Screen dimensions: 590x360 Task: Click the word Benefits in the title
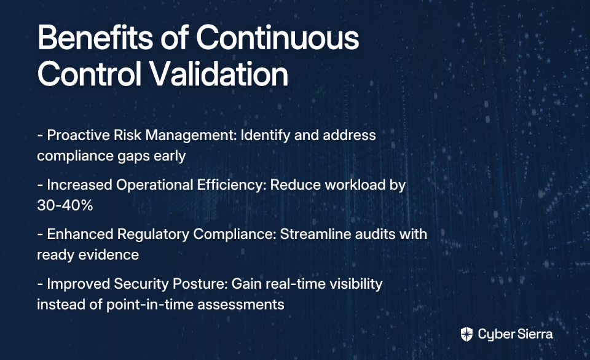click(x=95, y=37)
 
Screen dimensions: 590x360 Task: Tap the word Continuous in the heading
click(x=277, y=37)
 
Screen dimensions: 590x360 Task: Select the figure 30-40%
click(x=65, y=205)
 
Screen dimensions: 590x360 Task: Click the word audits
click(x=375, y=234)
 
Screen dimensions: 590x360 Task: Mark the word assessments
click(x=241, y=305)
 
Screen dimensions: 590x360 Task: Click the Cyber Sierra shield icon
click(x=466, y=334)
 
